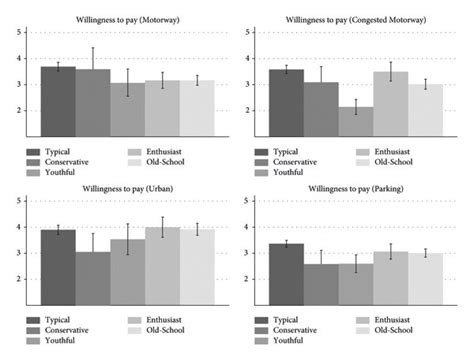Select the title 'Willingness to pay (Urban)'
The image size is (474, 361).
tap(126, 188)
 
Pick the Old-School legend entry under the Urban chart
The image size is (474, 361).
tap(176, 330)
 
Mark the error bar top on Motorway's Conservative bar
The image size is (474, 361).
tap(93, 48)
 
